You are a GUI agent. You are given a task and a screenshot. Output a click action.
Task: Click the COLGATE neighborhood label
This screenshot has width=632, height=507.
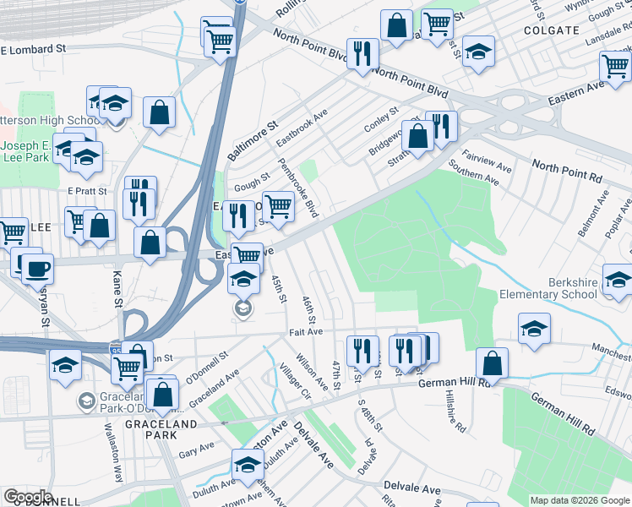550,30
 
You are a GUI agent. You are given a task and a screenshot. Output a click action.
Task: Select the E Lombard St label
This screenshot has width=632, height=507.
34,50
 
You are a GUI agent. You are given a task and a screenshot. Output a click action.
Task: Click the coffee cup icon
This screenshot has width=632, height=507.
37,270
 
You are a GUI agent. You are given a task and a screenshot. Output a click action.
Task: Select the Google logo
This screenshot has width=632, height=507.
27,497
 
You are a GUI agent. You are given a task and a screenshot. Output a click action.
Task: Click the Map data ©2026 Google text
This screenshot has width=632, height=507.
579,500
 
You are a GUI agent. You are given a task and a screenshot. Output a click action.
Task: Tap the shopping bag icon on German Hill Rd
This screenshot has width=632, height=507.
492,363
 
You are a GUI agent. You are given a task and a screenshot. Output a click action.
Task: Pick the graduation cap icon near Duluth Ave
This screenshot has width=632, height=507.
248,466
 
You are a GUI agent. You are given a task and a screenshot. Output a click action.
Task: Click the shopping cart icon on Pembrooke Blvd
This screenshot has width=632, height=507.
278,205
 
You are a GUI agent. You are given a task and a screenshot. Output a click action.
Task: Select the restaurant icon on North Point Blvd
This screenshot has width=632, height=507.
362,54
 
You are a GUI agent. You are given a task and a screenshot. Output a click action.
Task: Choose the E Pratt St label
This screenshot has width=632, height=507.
88,191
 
